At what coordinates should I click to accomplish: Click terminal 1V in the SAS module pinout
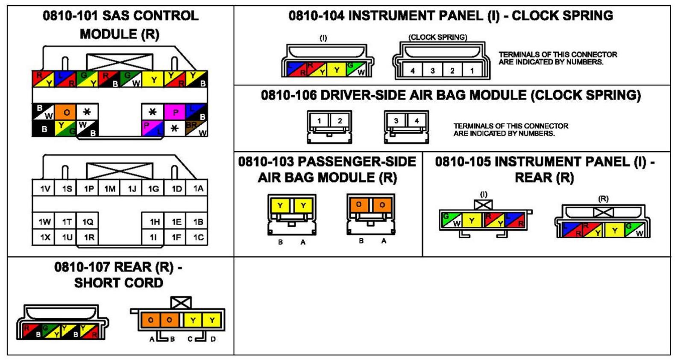tap(45, 189)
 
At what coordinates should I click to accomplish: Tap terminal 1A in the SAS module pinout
tap(198, 189)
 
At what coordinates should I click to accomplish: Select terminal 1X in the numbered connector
tap(45, 237)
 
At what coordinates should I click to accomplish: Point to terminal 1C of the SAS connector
tap(198, 237)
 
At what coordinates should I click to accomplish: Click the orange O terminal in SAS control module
tap(66, 112)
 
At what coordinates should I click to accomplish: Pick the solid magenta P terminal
tap(175, 112)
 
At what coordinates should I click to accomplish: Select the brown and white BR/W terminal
tap(197, 129)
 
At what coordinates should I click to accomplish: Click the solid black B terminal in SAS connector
tap(44, 129)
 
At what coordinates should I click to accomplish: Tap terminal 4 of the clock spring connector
tap(412, 71)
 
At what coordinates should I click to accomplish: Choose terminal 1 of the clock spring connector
tap(472, 71)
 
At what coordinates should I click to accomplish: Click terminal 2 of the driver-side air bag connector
tap(340, 121)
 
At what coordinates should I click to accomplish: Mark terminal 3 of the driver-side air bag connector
tap(396, 121)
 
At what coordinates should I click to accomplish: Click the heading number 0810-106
tap(289, 95)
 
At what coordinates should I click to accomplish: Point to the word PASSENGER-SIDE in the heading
tap(357, 162)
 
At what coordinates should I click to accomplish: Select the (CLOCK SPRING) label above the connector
tap(437, 37)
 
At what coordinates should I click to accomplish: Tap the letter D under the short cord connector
tap(213, 339)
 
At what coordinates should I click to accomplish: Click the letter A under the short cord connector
tap(152, 339)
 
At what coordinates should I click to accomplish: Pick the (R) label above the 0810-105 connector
tap(603, 199)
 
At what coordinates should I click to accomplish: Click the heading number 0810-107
tap(82, 267)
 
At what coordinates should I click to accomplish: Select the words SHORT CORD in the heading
tap(119, 283)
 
